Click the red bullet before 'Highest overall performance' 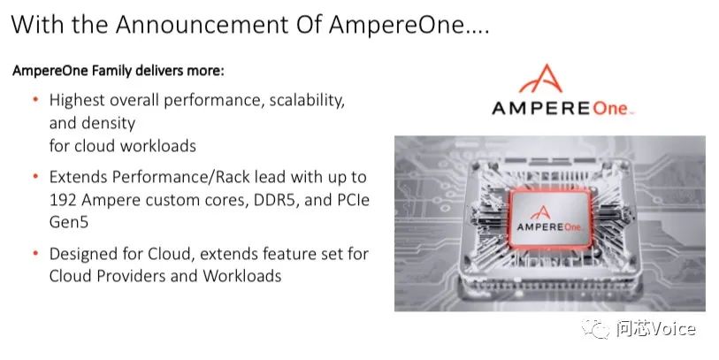click(34, 100)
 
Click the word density click(110, 122)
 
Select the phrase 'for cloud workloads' click(122, 144)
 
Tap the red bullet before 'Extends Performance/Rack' click(34, 177)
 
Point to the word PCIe click(351, 199)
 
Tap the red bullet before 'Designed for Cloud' click(34, 254)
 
